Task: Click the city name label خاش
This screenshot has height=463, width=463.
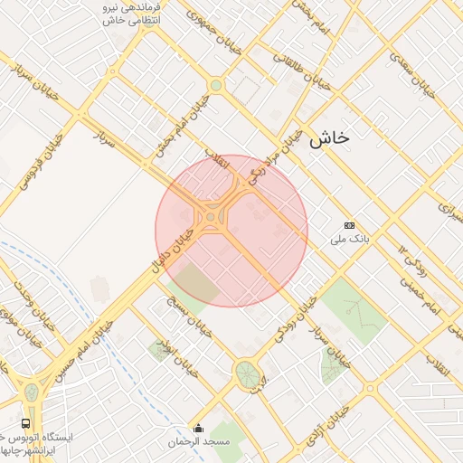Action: [x=328, y=138]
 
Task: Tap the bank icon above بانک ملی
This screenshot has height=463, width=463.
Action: [x=350, y=225]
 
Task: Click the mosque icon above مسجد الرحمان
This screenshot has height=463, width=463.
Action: [x=199, y=428]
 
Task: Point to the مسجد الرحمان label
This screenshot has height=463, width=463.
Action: [x=199, y=442]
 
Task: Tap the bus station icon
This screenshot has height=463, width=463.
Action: [x=24, y=422]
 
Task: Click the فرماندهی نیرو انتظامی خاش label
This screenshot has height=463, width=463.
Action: [x=127, y=13]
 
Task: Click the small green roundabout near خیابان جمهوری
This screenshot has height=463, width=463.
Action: [x=215, y=86]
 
